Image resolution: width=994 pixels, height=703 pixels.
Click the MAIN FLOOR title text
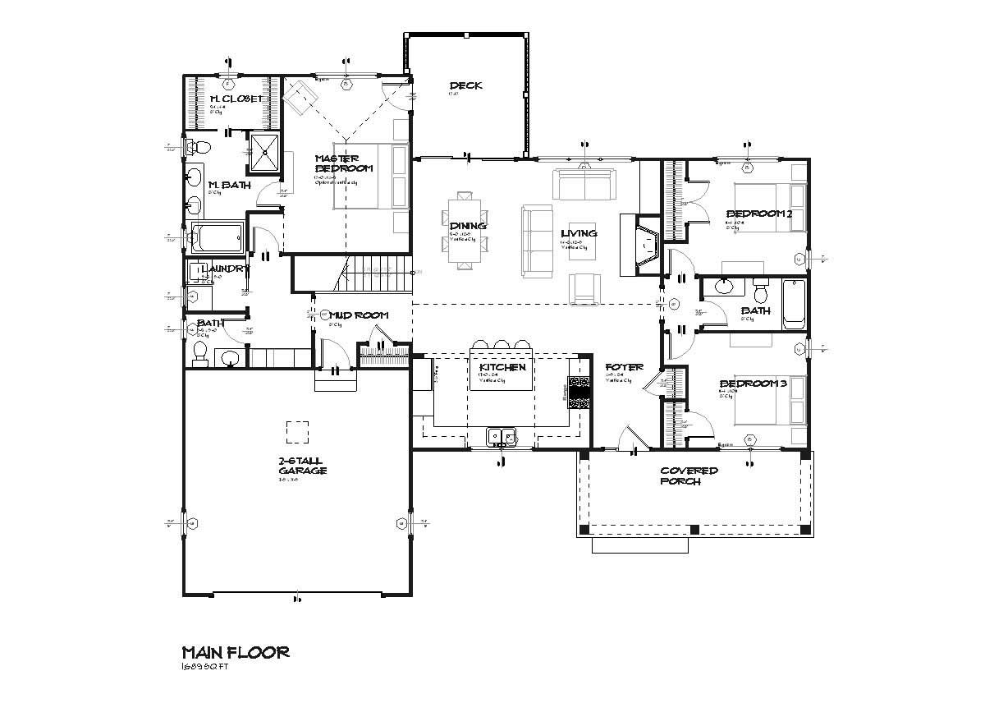[235, 652]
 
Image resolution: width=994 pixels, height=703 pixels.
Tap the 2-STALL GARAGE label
[302, 466]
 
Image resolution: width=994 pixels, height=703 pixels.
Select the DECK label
[465, 85]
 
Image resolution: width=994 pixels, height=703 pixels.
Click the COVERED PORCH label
[690, 476]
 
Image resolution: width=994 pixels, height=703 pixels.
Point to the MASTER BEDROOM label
[343, 163]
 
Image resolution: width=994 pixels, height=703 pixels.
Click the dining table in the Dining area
[465, 231]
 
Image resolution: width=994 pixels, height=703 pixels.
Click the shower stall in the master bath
[264, 153]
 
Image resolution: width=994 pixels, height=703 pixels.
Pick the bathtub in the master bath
[218, 239]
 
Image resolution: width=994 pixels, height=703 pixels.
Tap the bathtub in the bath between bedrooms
[795, 305]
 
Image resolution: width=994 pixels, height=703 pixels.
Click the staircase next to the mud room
[375, 272]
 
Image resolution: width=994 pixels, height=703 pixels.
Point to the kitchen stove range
[579, 393]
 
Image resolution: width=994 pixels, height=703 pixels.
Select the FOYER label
[624, 367]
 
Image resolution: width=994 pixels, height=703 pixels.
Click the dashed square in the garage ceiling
[297, 432]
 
